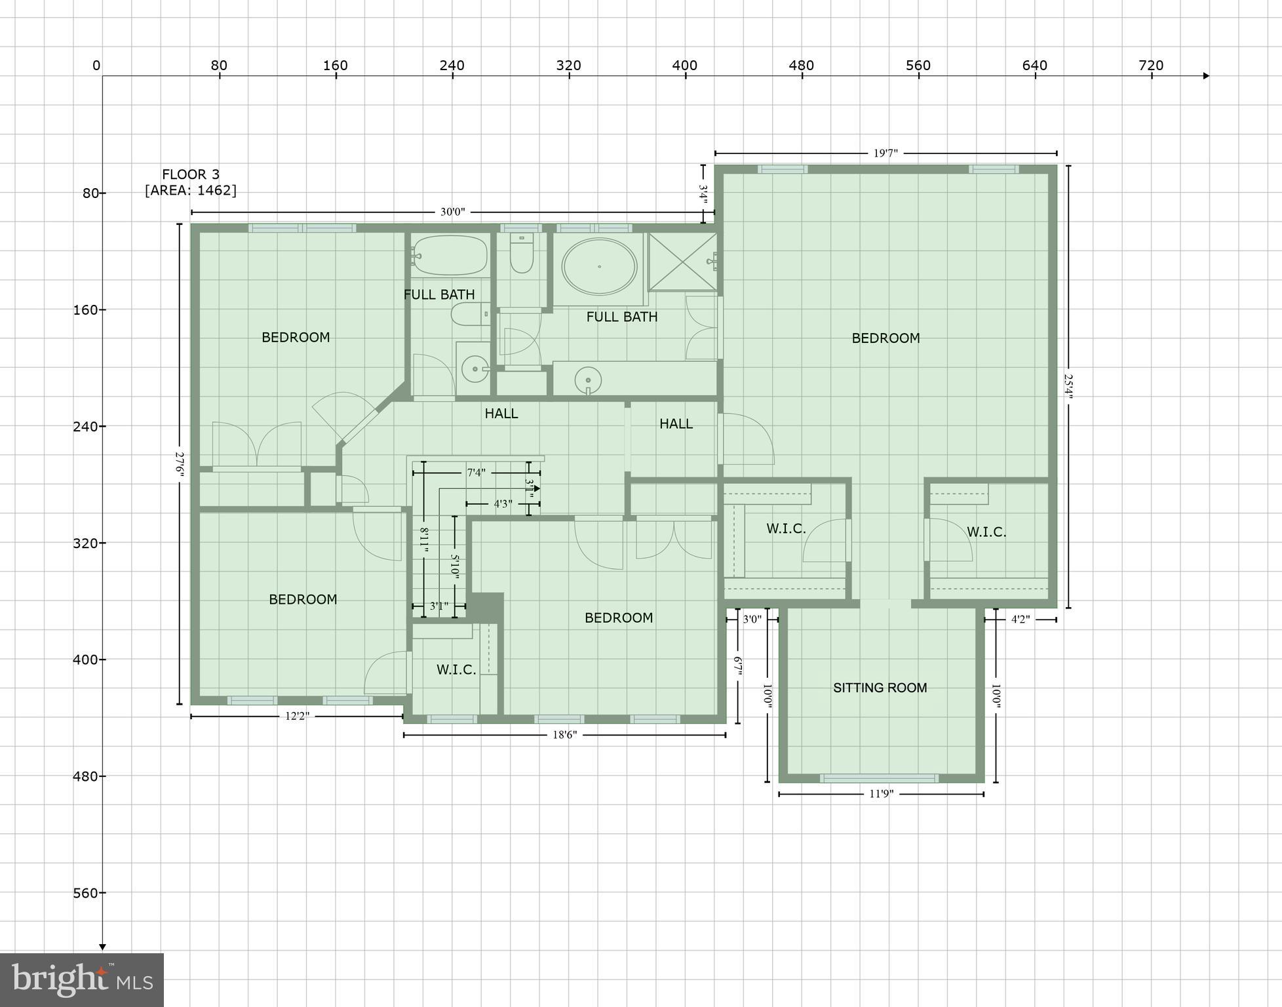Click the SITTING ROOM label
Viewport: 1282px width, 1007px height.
(880, 688)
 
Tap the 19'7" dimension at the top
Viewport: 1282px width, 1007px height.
(885, 153)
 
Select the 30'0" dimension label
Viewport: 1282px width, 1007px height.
(452, 212)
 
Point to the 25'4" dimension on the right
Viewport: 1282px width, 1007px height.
(1068, 387)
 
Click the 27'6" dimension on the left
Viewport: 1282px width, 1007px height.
(179, 464)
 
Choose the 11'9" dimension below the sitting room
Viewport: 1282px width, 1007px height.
(881, 794)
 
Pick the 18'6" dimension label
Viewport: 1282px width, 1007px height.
(564, 735)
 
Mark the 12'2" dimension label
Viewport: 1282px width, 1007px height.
(297, 716)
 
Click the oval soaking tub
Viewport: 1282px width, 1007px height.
(599, 267)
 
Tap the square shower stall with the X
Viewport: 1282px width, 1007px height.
(683, 262)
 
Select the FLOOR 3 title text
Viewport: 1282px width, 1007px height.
(191, 174)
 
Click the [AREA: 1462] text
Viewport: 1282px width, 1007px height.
(191, 190)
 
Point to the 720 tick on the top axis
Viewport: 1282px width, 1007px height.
(1151, 66)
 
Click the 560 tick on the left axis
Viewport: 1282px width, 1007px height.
(85, 893)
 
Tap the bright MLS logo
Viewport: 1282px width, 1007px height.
(82, 979)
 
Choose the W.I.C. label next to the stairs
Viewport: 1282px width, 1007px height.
(456, 669)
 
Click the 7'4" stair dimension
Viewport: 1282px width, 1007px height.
(476, 473)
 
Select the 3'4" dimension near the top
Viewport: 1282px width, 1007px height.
(703, 194)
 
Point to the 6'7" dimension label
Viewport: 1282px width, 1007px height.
(738, 666)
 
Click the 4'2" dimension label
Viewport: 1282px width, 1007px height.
(1020, 619)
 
